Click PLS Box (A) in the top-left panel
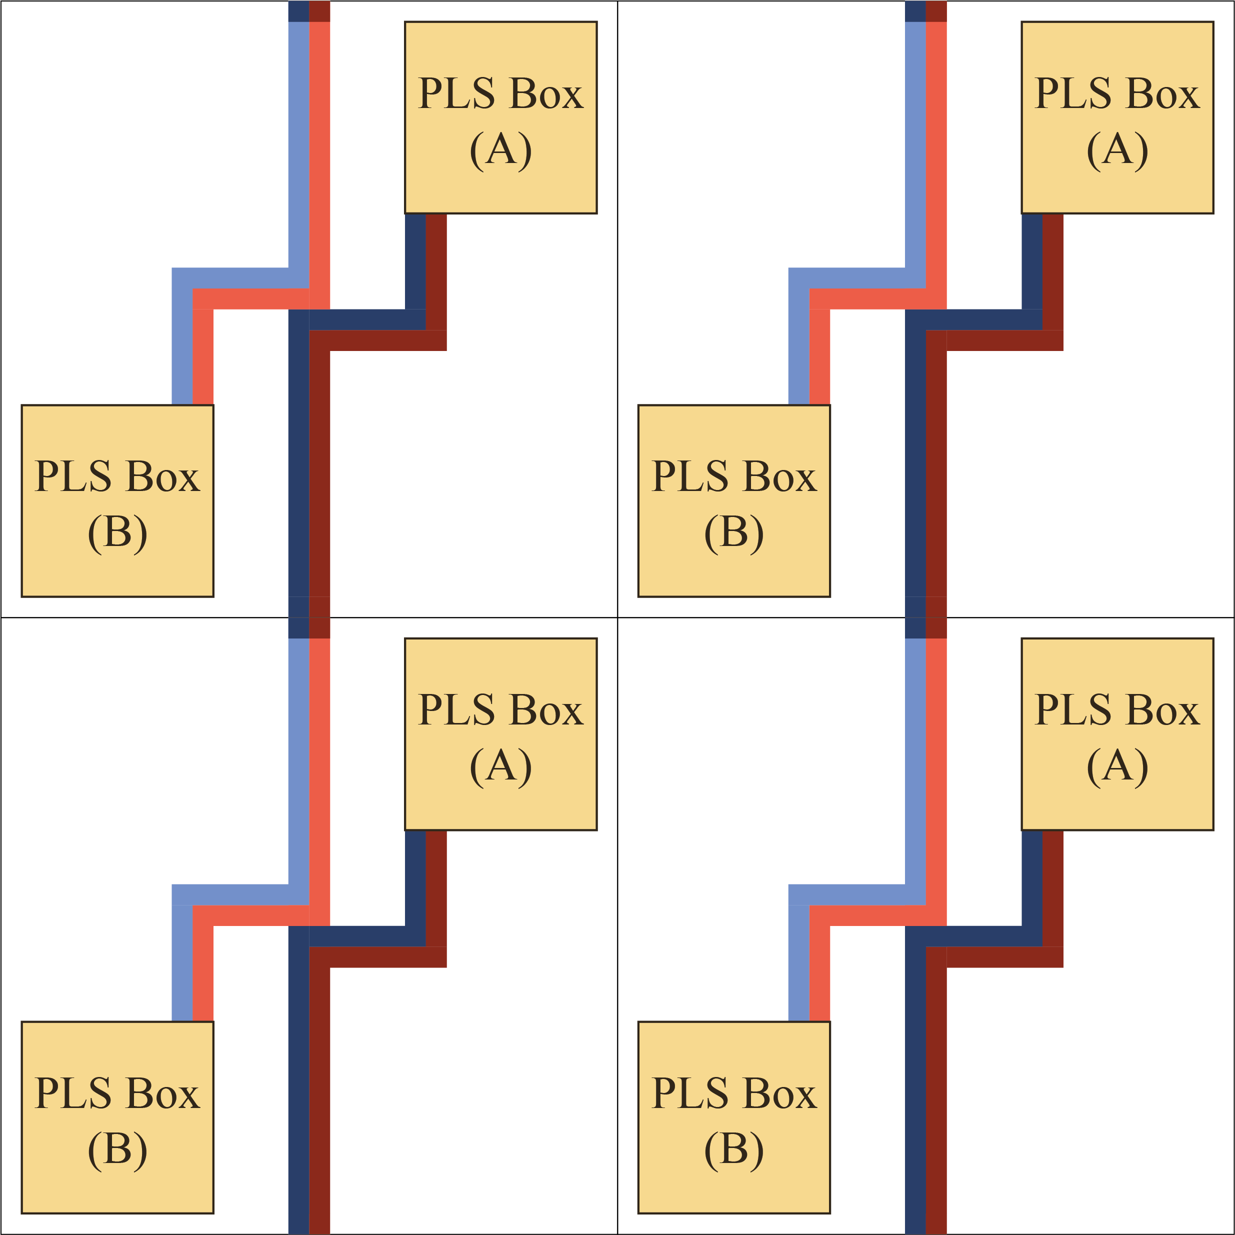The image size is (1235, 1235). [x=500, y=117]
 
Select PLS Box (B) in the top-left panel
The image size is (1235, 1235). [x=117, y=500]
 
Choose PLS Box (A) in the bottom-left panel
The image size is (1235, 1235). [x=500, y=734]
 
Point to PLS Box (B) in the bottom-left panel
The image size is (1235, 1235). [x=117, y=1117]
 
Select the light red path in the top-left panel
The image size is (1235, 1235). [x=319, y=160]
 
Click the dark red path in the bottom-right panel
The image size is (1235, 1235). [x=936, y=1086]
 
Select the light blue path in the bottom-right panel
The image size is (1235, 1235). [x=914, y=767]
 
